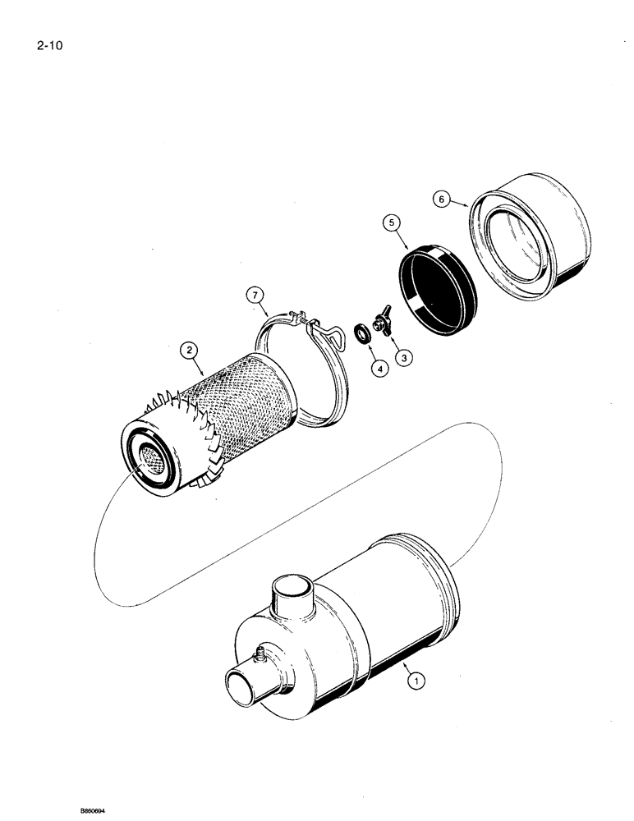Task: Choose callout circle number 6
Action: tap(443, 200)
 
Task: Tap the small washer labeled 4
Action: tap(361, 335)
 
